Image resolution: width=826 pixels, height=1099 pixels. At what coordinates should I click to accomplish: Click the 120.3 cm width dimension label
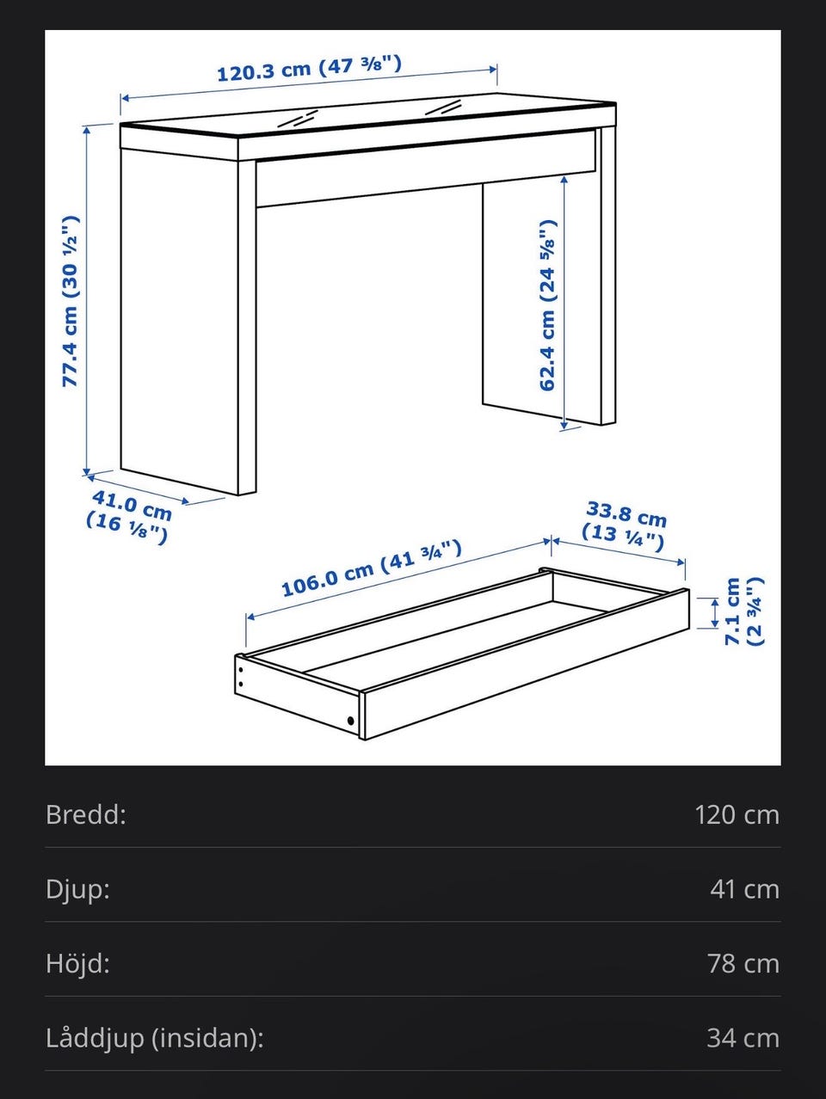click(309, 69)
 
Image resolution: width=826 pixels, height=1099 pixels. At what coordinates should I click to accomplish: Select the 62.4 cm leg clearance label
click(548, 305)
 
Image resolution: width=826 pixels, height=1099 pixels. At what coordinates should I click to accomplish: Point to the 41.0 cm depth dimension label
click(129, 517)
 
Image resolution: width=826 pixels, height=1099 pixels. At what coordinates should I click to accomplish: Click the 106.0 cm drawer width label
click(371, 568)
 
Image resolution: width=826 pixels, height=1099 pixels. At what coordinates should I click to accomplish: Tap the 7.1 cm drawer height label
click(744, 611)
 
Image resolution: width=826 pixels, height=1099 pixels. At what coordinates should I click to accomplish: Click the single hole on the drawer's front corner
click(350, 721)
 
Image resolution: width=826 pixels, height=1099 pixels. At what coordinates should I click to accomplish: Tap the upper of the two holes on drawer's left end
click(241, 670)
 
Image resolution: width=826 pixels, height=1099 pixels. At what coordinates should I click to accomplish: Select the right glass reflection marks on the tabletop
click(443, 107)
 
